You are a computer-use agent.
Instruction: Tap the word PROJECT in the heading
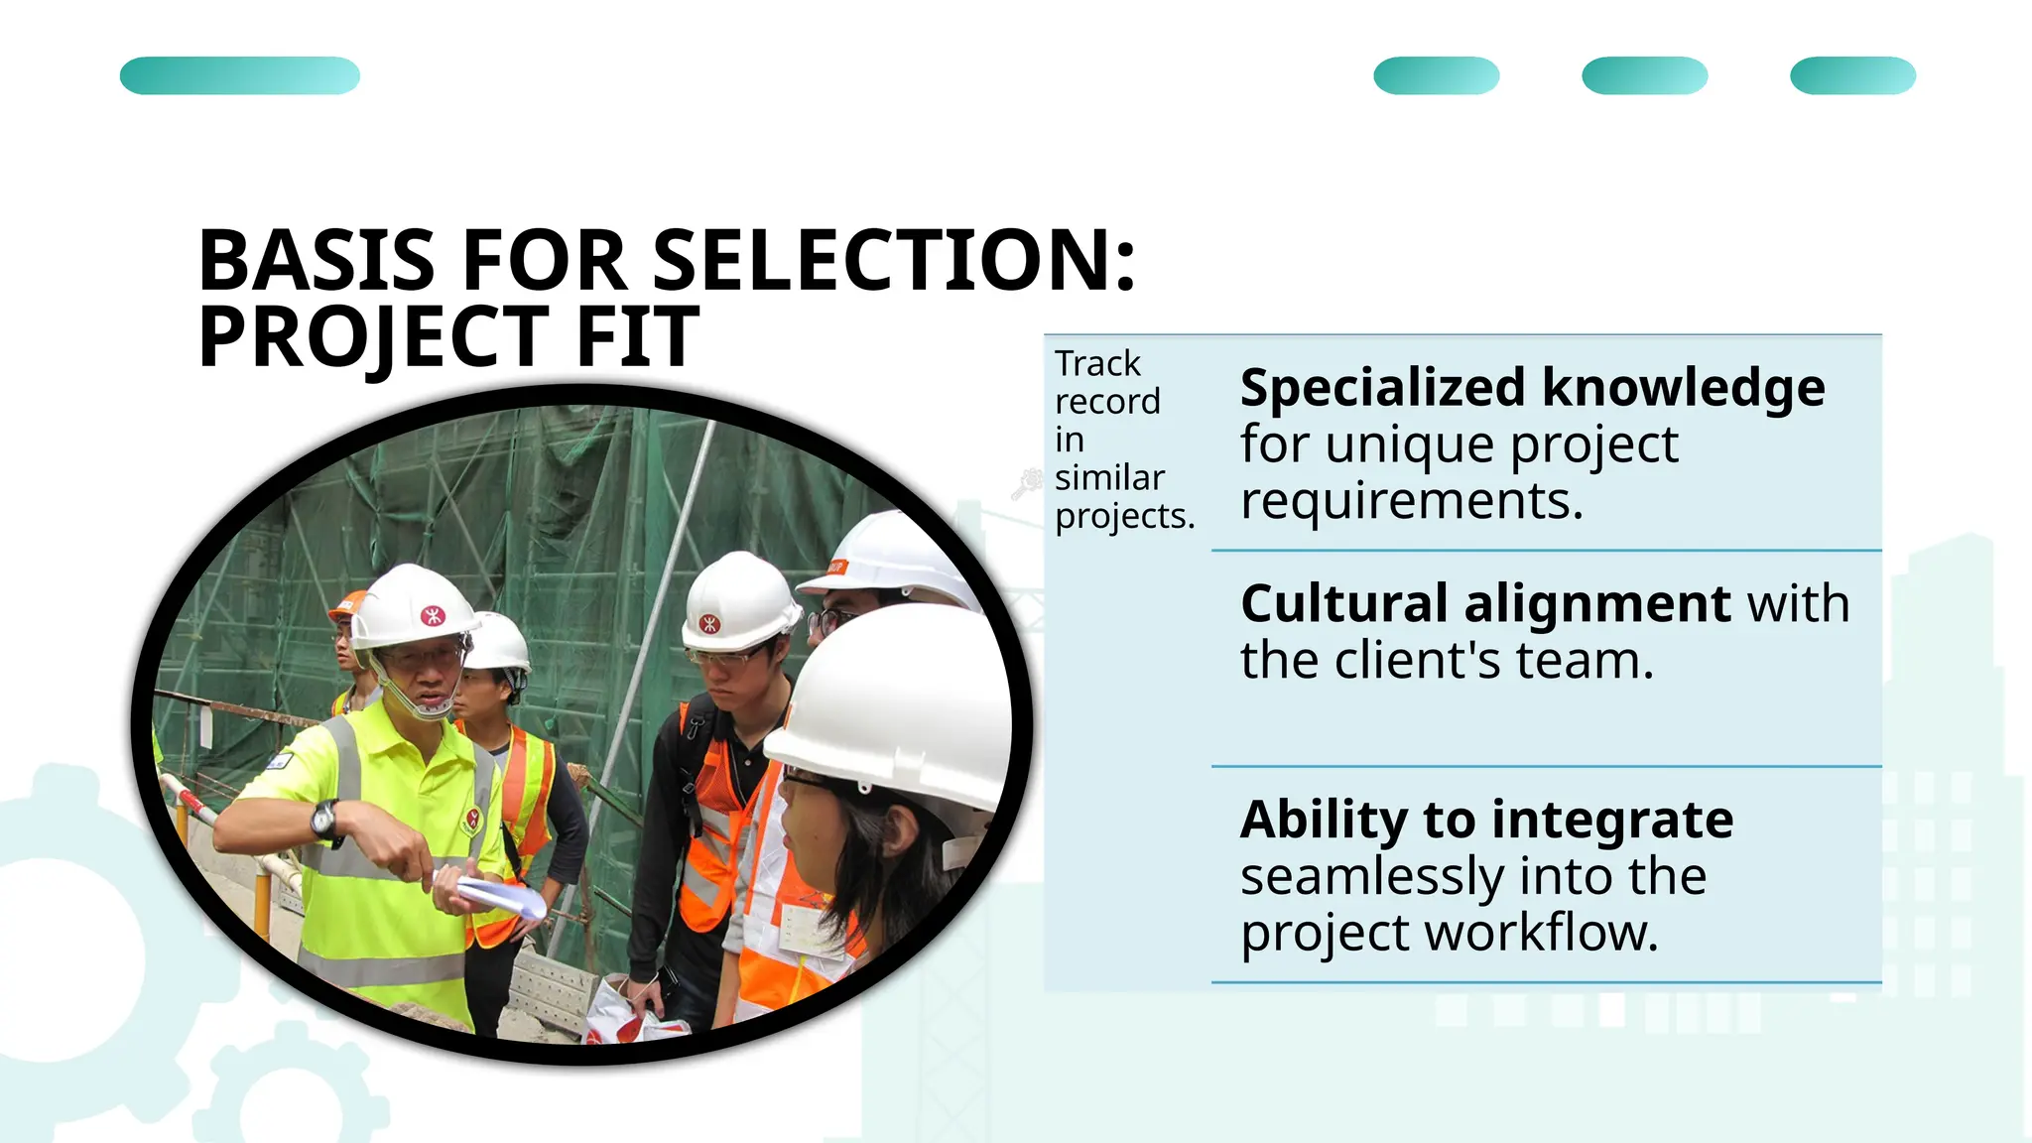[x=373, y=337]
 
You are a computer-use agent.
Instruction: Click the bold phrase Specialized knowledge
[x=1532, y=387]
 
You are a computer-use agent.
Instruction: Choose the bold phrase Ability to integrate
[x=1486, y=820]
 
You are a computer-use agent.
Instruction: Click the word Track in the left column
[x=1097, y=364]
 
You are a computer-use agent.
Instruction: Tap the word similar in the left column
[x=1109, y=478]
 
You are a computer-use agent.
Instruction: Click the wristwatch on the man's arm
[x=325, y=820]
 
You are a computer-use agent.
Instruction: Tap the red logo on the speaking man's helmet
[x=433, y=616]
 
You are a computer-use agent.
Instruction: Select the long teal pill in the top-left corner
[x=240, y=75]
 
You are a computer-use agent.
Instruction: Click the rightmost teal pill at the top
[x=1852, y=75]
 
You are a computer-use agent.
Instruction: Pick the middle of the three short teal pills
[x=1644, y=75]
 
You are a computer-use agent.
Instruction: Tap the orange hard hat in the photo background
[x=348, y=602]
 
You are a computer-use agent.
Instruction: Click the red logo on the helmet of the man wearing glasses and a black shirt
[x=709, y=624]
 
